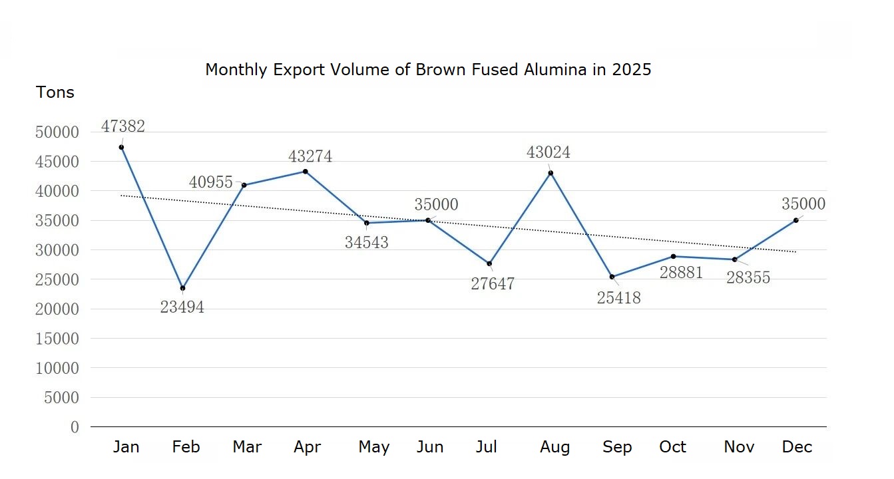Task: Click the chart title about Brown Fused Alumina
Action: click(x=428, y=70)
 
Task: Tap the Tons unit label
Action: click(x=55, y=92)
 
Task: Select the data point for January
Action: click(x=121, y=148)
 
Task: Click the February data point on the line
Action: click(x=182, y=288)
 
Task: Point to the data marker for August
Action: click(x=551, y=173)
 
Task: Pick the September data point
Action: click(x=612, y=277)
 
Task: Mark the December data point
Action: click(x=795, y=220)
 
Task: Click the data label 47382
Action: click(x=123, y=126)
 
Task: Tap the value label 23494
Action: click(x=182, y=307)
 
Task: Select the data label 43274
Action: click(x=310, y=156)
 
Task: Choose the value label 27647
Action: click(x=493, y=284)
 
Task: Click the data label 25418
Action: click(x=618, y=298)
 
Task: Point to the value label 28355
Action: click(x=748, y=278)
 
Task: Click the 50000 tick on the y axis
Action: click(x=57, y=132)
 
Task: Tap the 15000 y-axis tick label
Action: click(x=57, y=339)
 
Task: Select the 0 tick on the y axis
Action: click(x=75, y=427)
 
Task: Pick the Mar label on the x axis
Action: click(x=247, y=447)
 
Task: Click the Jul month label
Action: click(x=487, y=447)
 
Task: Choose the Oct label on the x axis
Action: click(x=672, y=447)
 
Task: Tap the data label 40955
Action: click(x=211, y=182)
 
